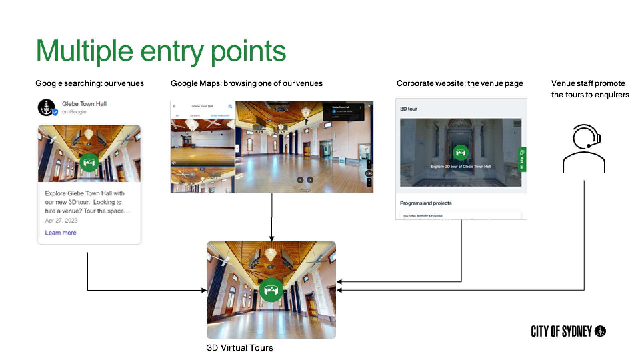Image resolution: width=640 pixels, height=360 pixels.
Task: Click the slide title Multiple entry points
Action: coord(161,51)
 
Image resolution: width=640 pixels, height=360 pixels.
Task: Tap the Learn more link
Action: coord(61,233)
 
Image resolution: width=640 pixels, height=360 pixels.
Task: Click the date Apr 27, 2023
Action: coord(61,220)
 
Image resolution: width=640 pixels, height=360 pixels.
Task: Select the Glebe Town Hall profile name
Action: coord(84,104)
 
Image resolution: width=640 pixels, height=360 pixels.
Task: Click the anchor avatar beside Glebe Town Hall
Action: coord(46,107)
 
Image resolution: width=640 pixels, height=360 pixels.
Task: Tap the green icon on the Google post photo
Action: coord(89,162)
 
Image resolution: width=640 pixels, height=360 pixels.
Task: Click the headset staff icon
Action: coord(584,148)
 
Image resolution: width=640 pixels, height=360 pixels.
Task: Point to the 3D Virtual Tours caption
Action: coord(240,348)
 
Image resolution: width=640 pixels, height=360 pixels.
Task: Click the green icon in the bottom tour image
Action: coord(271,290)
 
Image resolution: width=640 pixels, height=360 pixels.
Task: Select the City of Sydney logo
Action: coord(568,331)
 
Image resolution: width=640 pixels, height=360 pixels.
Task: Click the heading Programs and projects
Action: coord(426,203)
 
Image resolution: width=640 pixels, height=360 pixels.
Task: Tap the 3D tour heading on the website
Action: coord(408,109)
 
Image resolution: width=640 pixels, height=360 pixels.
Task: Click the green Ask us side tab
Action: coord(522,159)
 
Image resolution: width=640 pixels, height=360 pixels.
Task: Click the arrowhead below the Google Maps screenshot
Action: coord(272,239)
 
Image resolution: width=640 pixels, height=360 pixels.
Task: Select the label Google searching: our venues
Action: coord(90,83)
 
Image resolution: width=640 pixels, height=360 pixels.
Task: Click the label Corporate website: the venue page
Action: coord(460,83)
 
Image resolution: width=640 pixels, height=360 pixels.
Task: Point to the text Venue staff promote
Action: coord(588,83)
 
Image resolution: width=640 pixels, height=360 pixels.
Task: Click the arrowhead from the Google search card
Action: coord(204,290)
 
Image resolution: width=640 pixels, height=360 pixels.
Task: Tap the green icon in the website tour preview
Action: coord(461,153)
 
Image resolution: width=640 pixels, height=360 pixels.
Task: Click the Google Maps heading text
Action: coord(247,83)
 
